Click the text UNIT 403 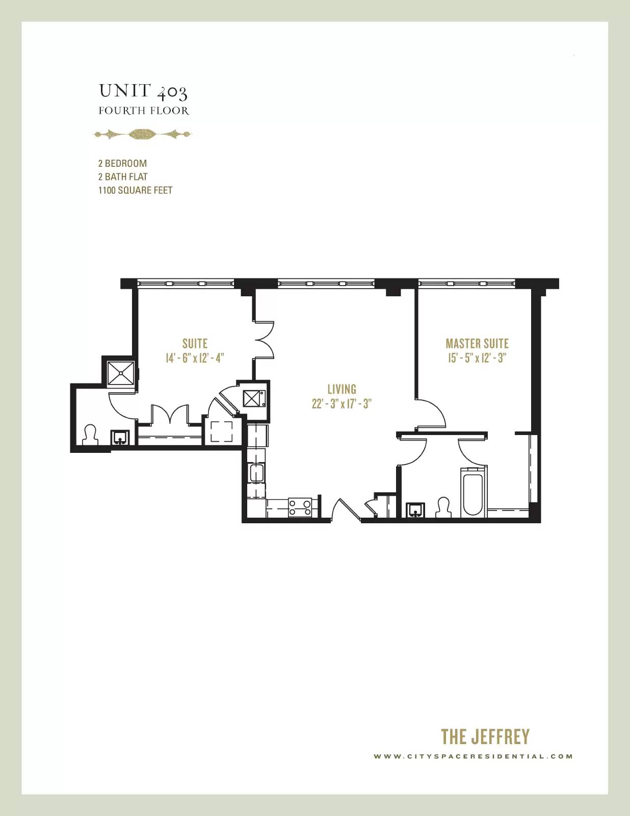coord(143,92)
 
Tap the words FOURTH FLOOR coord(144,111)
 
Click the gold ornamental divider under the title coord(143,134)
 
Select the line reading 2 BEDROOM coord(123,163)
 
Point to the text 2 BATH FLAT coord(123,177)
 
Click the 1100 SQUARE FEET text coord(136,190)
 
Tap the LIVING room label coord(342,389)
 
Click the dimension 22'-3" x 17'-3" coord(342,404)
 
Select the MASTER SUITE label coord(477,343)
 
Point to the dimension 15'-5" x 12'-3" coord(477,358)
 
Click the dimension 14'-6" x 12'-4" coord(195,358)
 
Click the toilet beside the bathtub coord(444,507)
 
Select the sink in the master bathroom coord(416,510)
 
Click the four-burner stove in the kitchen coord(300,507)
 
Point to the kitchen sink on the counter coord(257,473)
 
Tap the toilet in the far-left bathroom coord(90,435)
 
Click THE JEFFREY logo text coord(485,736)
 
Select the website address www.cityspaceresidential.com coord(474,756)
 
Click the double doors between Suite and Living coord(265,340)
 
